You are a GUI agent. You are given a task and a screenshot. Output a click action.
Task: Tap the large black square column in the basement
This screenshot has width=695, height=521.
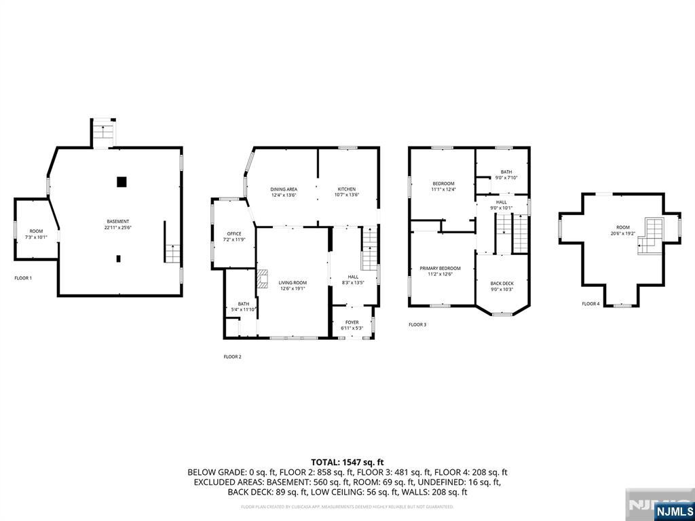[x=121, y=181]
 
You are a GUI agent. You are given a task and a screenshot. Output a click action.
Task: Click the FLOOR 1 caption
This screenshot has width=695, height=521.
[x=23, y=278]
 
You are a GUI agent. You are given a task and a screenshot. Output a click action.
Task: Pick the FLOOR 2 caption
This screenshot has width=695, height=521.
[x=232, y=357]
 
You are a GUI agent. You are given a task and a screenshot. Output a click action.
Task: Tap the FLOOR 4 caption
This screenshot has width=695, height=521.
[x=590, y=304]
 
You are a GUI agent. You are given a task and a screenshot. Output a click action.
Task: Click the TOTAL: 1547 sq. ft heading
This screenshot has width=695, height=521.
[x=347, y=461]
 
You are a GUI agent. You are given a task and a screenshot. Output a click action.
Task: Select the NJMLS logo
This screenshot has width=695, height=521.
[x=674, y=511]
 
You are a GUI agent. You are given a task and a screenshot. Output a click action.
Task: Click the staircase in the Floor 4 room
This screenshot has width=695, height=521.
[x=650, y=237]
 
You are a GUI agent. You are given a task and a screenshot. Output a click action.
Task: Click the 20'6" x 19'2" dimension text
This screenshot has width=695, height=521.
[x=623, y=233]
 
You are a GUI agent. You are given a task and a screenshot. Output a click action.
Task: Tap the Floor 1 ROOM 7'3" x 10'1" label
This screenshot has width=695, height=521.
[x=36, y=234]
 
